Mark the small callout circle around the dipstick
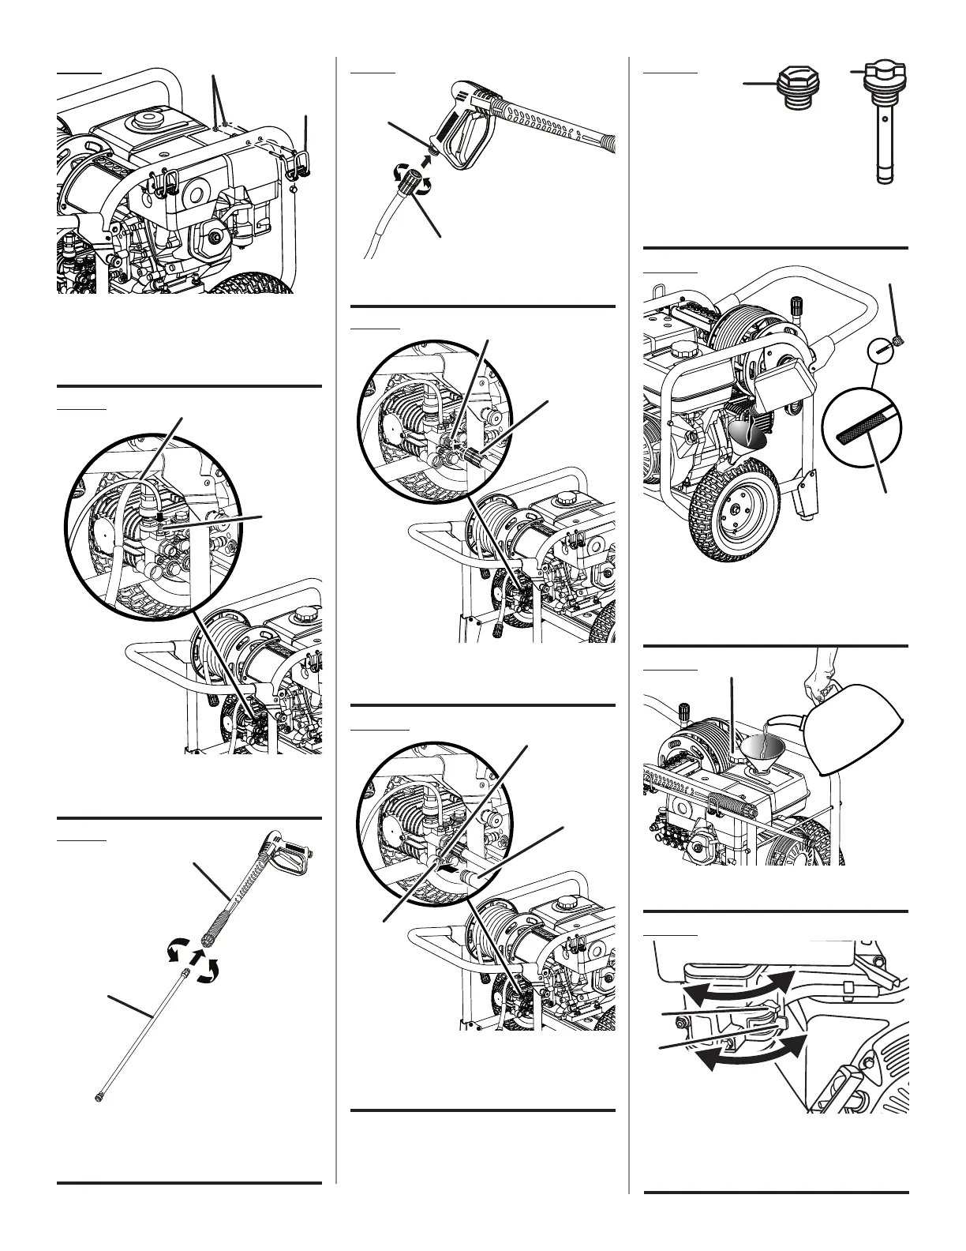(882, 349)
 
